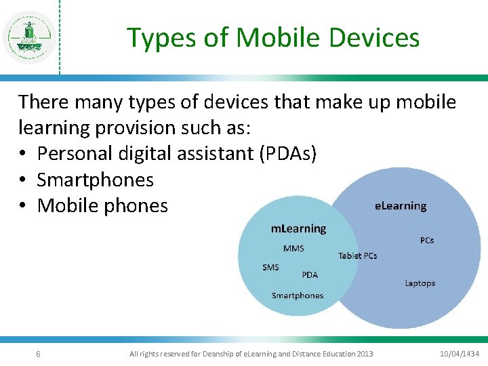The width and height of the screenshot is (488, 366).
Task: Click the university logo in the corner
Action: click(x=29, y=37)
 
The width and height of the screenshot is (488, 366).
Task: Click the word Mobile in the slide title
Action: click(x=274, y=38)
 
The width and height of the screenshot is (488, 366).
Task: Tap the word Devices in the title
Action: click(x=375, y=38)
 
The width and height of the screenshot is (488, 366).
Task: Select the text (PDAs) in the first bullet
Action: click(x=287, y=154)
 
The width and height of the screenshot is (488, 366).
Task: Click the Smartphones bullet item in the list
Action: click(x=95, y=180)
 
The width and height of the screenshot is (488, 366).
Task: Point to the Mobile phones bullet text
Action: click(x=102, y=205)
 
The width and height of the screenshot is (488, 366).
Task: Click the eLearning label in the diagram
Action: click(x=401, y=205)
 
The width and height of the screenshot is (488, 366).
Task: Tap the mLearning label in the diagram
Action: click(x=298, y=228)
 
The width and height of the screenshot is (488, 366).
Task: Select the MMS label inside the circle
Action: click(x=293, y=249)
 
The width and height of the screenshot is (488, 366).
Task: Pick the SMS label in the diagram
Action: click(x=270, y=267)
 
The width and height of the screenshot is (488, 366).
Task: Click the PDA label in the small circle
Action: click(x=310, y=274)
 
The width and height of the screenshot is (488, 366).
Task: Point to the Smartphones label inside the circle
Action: click(x=298, y=296)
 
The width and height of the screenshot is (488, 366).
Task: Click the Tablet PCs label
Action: click(x=357, y=256)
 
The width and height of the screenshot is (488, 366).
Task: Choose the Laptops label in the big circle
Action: click(x=420, y=283)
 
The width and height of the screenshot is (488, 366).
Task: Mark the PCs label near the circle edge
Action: click(x=427, y=240)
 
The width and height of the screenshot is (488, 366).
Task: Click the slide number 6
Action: click(x=38, y=354)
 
